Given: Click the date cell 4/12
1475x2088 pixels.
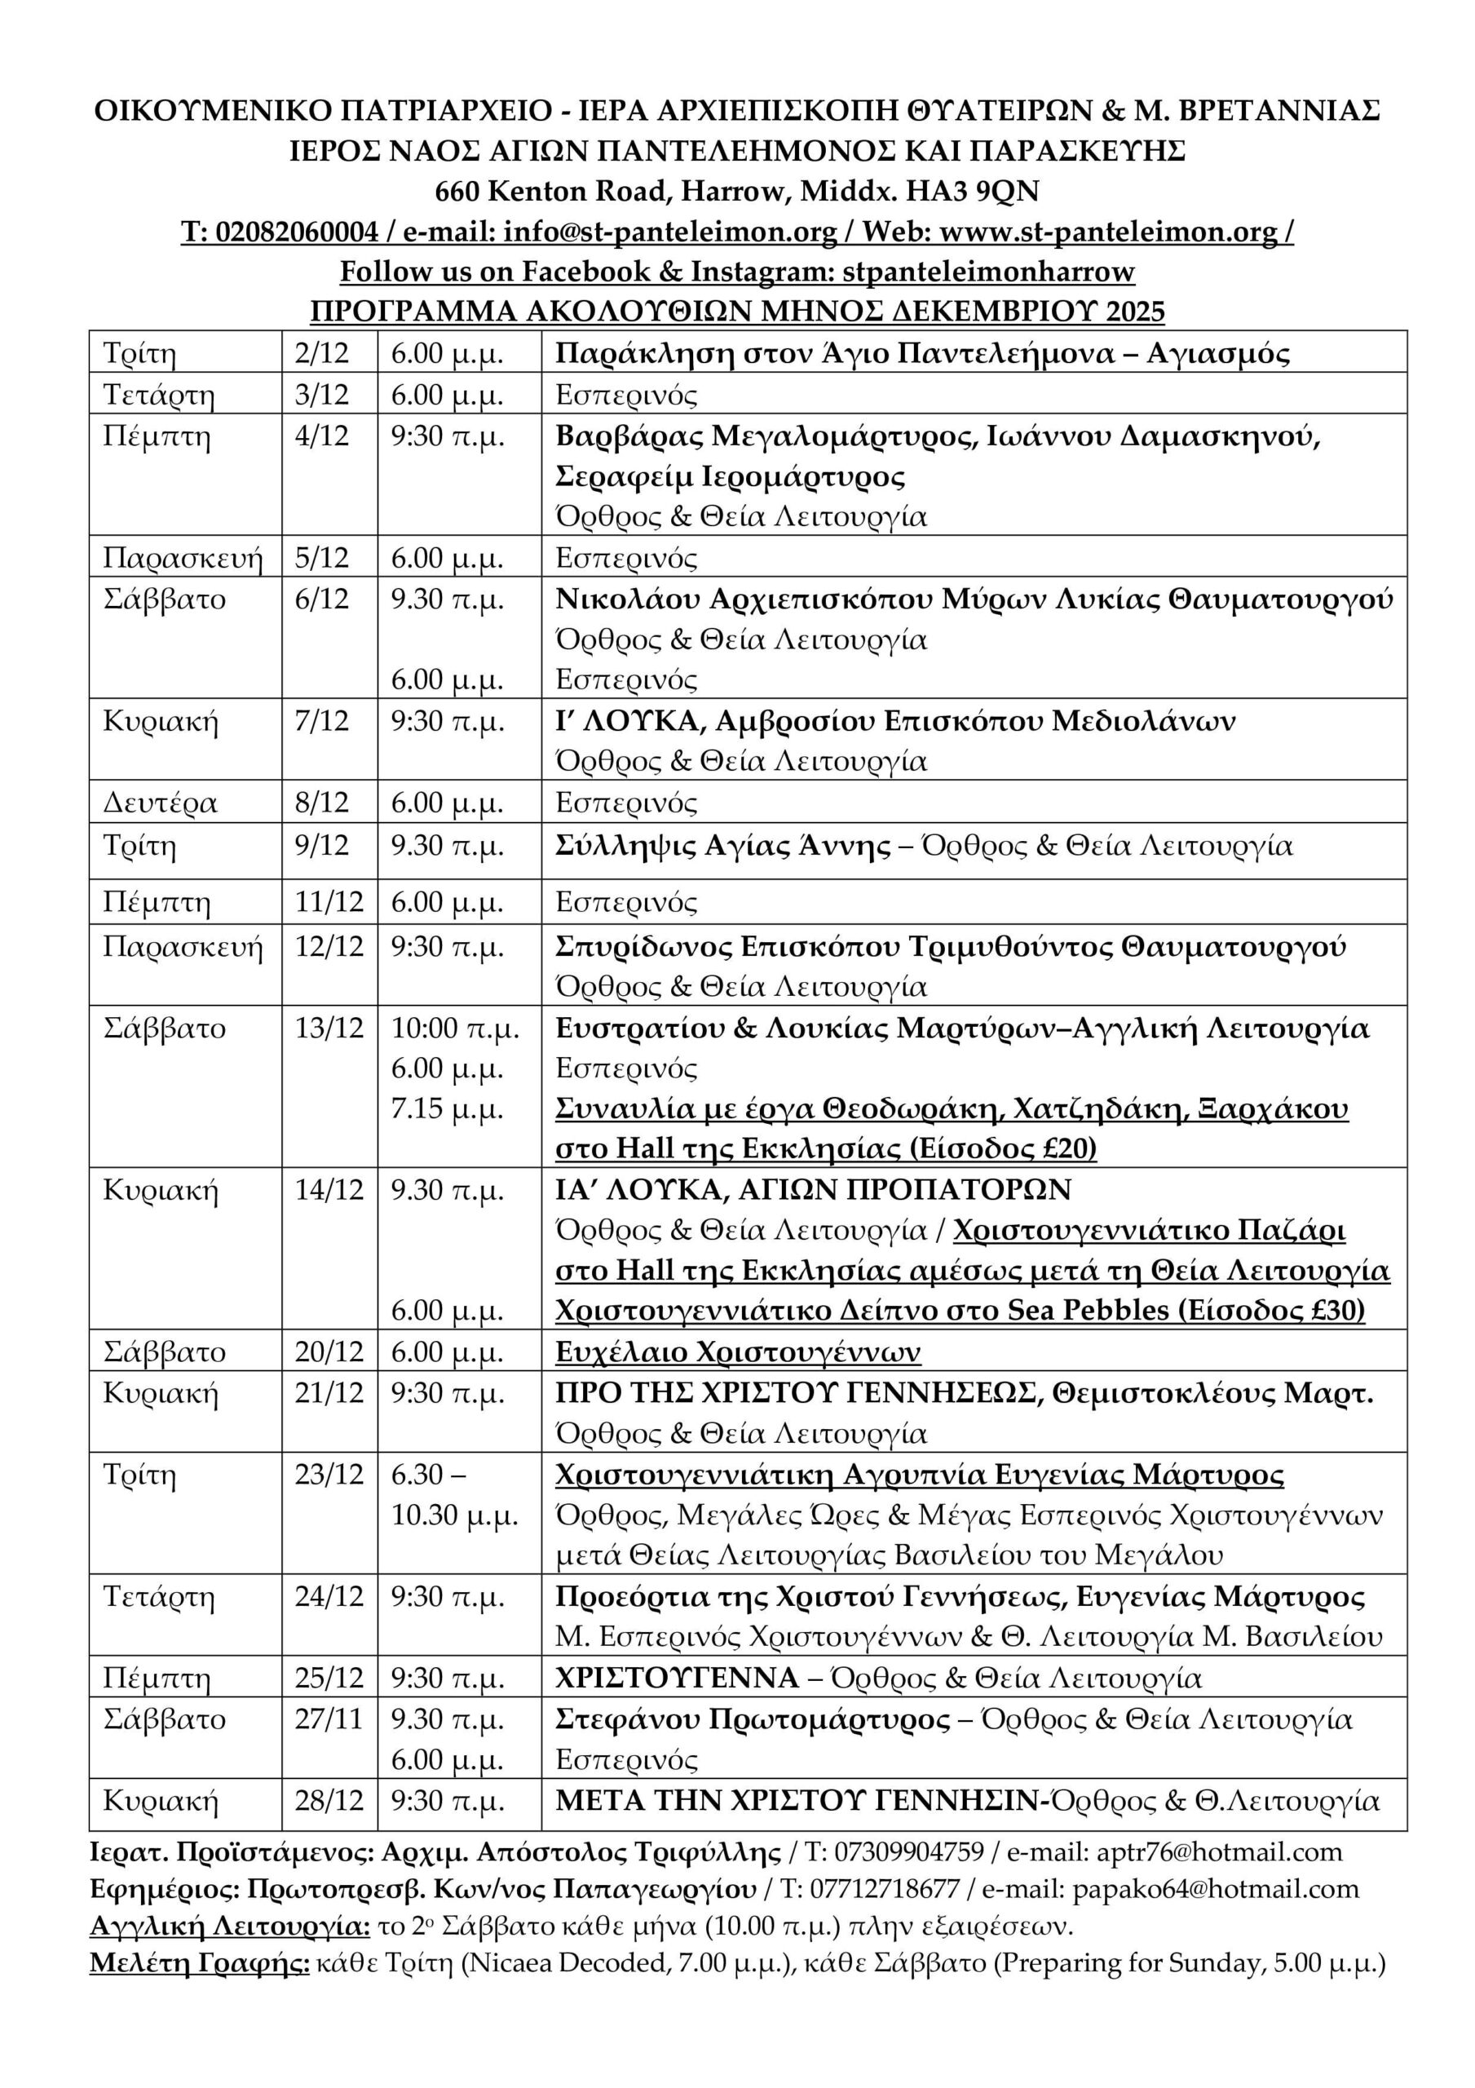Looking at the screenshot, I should (322, 436).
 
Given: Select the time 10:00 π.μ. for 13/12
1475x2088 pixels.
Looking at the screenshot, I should (455, 1029).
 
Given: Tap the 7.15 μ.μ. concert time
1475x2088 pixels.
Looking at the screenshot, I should (448, 1108).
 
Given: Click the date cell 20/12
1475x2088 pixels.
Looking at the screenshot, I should (329, 1352).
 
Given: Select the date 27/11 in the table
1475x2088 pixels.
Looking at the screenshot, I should (329, 1719).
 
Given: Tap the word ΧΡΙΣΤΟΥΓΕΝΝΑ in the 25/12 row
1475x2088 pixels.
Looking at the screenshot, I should (677, 1678).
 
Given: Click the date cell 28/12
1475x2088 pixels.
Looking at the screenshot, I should (329, 1801).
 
